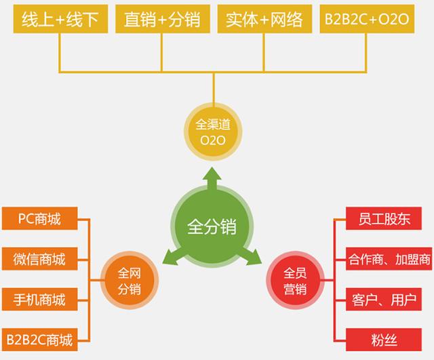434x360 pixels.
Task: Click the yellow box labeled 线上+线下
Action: point(60,20)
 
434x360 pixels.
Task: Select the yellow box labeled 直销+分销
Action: point(161,20)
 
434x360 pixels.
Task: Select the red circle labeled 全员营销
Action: point(295,281)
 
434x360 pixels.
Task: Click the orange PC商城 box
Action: point(39,219)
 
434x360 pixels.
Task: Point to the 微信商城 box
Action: point(39,258)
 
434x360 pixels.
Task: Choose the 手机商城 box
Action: point(39,298)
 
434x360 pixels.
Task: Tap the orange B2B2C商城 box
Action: point(39,338)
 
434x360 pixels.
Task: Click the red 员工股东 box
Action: point(387,219)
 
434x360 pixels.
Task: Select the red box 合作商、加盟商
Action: point(387,258)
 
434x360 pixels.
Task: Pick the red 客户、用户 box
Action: point(387,298)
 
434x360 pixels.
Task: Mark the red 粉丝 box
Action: point(387,338)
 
